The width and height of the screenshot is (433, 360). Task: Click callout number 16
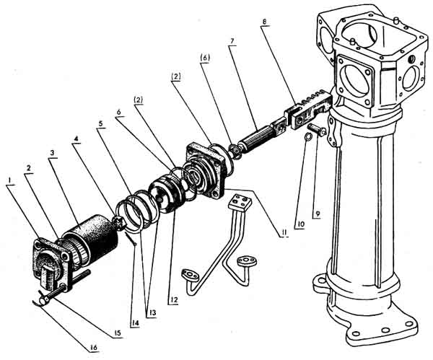pos(94,348)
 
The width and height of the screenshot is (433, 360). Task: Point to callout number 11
pos(284,233)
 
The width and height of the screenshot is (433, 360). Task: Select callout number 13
pos(152,313)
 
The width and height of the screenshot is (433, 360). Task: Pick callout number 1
pos(10,180)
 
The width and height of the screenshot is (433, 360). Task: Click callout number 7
pos(232,41)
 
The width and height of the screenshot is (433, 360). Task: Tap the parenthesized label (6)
pos(205,58)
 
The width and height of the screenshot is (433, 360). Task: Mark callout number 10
pos(300,224)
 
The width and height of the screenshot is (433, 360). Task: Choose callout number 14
pos(135,322)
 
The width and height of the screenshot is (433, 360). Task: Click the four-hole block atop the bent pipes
pos(240,202)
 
